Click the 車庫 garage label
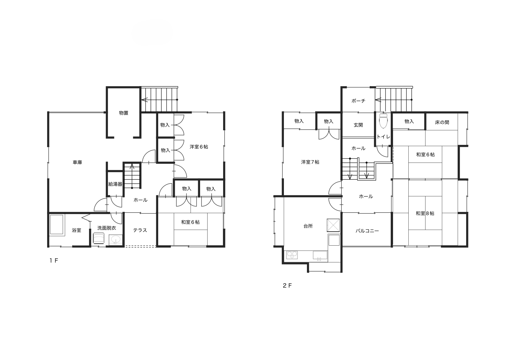pos(77,162)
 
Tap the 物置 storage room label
pos(124,113)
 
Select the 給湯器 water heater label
pos(115,184)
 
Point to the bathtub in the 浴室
pos(56,225)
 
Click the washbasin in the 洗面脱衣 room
pos(115,240)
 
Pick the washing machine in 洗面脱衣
pos(99,238)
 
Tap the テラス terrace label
pos(140,230)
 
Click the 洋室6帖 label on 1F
pos(199,147)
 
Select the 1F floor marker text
pos(54,261)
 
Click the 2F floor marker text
pos(287,286)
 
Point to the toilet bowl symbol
pos(383,121)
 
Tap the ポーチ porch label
pos(358,101)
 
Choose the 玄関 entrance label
pos(358,125)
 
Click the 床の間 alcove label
pos(442,122)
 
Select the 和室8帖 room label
pos(425,213)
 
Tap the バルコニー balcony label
pos(367,231)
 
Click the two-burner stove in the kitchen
pos(292,254)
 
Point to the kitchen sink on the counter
pos(320,255)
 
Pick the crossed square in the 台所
pos(333,225)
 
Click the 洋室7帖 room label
pos(310,162)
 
